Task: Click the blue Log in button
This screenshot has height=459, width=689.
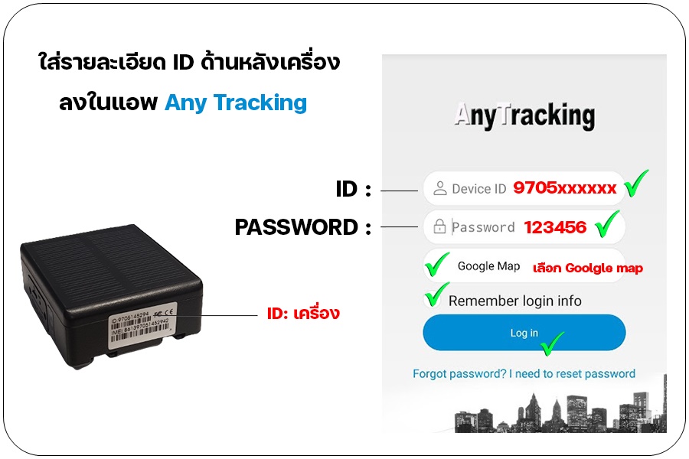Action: [524, 333]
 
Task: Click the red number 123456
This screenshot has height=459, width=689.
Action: [555, 227]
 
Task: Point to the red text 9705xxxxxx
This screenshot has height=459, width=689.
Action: [565, 188]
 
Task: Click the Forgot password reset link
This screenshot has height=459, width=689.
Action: [524, 374]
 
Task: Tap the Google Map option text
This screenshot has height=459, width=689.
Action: [488, 266]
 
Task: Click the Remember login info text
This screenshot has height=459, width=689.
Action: [514, 301]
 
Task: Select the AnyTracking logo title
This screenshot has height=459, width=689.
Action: [524, 116]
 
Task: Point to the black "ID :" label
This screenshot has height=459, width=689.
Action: [353, 189]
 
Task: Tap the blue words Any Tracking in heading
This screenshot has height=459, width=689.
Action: [236, 103]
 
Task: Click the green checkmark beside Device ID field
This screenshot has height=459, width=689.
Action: [635, 184]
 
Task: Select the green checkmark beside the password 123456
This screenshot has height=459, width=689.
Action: [606, 224]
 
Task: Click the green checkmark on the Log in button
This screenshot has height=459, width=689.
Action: [552, 343]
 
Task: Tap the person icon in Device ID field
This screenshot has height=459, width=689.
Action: [439, 188]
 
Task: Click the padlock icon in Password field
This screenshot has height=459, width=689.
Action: [439, 227]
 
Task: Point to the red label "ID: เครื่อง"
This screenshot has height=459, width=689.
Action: [302, 314]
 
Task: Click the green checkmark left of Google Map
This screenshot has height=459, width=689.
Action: [437, 265]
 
